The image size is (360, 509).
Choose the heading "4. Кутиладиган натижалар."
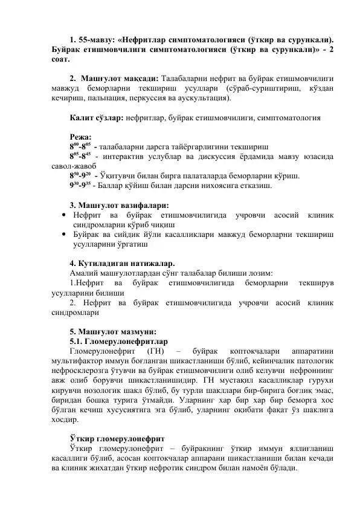point(123,264)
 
